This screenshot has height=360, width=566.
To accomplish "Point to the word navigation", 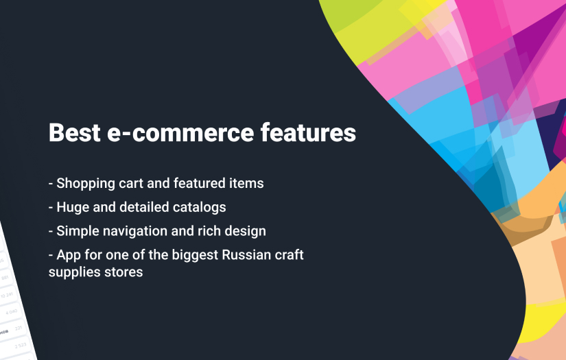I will pos(137,230).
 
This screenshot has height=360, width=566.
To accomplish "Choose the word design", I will pos(245,231).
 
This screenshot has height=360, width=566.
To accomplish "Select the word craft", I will pos(290,255).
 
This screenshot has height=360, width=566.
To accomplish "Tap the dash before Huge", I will pos(51,207).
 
